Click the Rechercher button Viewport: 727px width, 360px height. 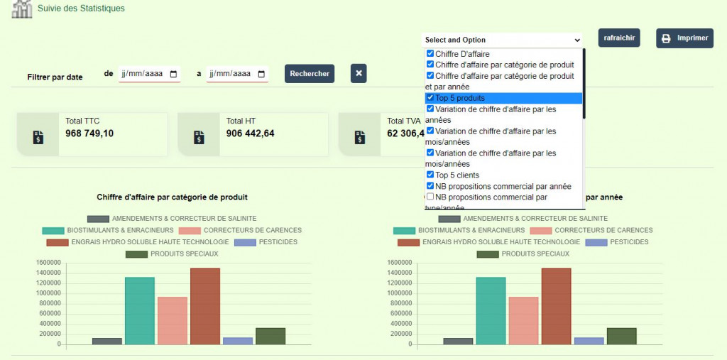point(310,73)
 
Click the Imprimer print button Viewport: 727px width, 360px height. point(684,38)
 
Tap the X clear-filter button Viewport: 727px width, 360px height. point(359,73)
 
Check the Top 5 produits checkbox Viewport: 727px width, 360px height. point(430,98)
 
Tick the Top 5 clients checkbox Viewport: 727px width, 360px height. point(430,175)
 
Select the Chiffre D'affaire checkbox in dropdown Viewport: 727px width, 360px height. point(430,53)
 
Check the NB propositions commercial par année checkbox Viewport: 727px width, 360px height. point(430,186)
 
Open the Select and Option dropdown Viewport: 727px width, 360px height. point(503,40)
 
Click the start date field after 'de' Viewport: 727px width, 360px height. point(149,74)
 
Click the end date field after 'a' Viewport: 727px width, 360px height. point(237,74)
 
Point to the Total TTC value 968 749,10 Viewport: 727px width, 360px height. point(89,133)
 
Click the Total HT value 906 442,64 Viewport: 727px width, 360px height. point(250,133)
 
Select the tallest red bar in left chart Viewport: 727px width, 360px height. point(204,306)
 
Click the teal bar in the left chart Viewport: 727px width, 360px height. point(140,310)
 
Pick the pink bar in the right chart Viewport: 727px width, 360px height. point(523,320)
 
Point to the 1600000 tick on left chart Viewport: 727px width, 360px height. point(50,263)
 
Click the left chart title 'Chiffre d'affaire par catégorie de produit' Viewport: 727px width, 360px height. point(172,197)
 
